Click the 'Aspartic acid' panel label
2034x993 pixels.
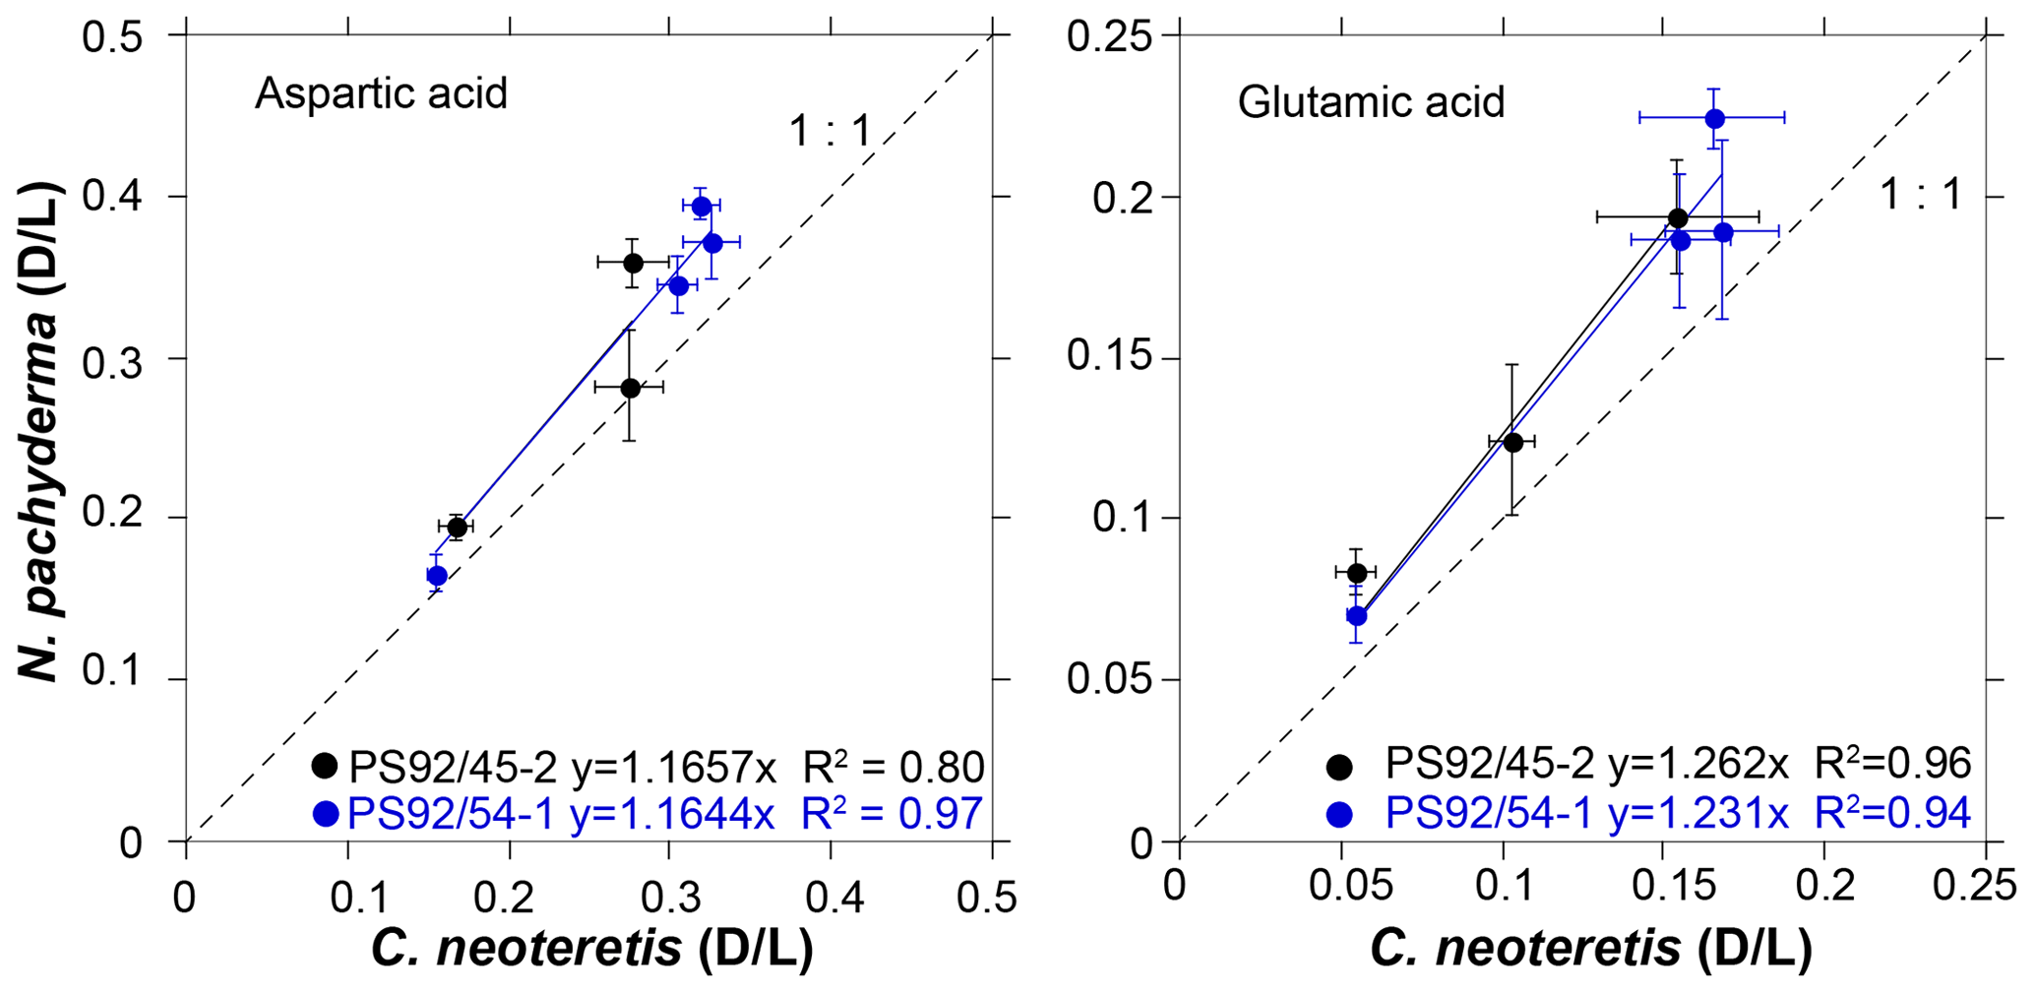pos(381,93)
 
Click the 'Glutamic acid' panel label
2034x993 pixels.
pos(1371,102)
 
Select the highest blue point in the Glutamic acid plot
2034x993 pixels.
pos(1714,118)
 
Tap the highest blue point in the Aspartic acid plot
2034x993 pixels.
pos(701,206)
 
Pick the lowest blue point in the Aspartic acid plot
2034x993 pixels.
pos(437,576)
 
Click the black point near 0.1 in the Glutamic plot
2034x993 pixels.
pos(1512,442)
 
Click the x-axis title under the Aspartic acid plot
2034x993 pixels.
pos(590,949)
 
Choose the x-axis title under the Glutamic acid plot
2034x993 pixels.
pos(1589,949)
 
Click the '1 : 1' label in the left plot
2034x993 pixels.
pos(830,131)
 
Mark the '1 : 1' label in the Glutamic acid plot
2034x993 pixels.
pos(1919,195)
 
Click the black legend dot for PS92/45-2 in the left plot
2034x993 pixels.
pos(324,766)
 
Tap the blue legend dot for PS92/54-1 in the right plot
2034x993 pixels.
pos(1338,814)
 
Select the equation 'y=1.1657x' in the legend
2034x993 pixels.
pos(674,766)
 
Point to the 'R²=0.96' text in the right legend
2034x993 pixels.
pos(1891,764)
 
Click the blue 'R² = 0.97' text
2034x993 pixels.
pos(892,814)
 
